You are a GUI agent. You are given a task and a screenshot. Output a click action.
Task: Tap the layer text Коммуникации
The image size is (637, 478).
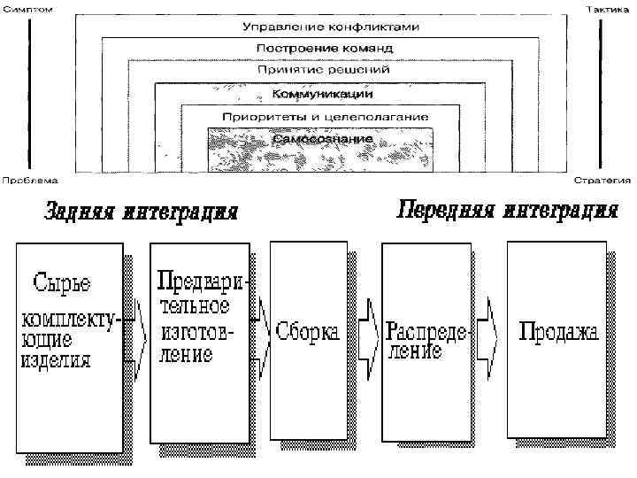[x=322, y=93]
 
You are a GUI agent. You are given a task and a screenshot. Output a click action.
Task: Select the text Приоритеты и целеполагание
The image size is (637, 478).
[x=326, y=117]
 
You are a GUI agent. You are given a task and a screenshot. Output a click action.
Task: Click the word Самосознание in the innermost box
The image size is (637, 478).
[x=322, y=139]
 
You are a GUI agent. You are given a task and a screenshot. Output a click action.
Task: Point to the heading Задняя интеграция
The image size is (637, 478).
[x=142, y=213]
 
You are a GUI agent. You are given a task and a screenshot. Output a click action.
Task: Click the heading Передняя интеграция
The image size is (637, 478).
[x=507, y=211]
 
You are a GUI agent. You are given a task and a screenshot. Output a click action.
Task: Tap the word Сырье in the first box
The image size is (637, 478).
[x=62, y=284]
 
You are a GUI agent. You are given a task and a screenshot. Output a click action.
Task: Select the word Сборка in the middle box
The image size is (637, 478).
[x=307, y=333]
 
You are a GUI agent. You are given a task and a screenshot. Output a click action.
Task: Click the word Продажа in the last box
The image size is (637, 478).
[x=558, y=333]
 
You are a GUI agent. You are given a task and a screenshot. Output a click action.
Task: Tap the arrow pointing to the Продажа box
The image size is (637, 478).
[x=487, y=335]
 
